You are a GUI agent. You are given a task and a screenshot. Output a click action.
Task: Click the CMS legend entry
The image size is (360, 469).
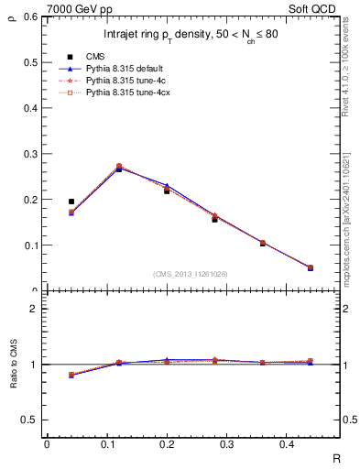click(x=95, y=56)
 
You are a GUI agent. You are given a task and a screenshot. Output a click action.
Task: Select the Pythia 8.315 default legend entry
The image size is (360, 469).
click(x=123, y=68)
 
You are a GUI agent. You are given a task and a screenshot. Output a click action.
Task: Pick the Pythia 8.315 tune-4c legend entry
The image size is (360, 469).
click(x=120, y=81)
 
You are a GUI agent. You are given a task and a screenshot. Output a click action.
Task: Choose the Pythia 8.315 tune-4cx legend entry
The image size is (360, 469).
click(x=122, y=93)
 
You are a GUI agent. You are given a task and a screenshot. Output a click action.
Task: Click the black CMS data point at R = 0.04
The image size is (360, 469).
click(x=71, y=202)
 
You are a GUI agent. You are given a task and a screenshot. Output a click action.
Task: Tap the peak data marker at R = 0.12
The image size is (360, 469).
click(x=119, y=168)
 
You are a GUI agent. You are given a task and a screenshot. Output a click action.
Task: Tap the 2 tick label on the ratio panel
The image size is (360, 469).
click(x=34, y=310)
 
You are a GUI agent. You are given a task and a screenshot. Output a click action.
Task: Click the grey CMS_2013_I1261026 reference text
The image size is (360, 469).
click(x=191, y=274)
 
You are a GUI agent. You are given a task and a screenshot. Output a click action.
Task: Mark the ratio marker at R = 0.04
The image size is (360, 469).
click(x=71, y=375)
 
